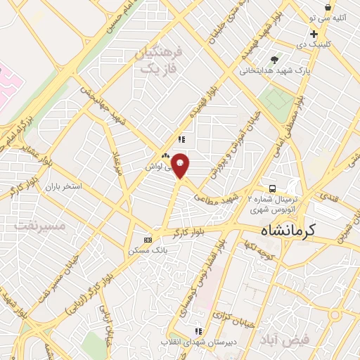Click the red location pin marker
tap(180, 165)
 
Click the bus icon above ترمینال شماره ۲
tap(272, 188)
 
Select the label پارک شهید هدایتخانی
tap(267, 70)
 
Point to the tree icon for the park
tap(274, 59)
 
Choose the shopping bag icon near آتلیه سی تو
tap(328, 7)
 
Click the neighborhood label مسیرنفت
tap(39, 226)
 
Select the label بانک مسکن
tap(147, 250)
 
